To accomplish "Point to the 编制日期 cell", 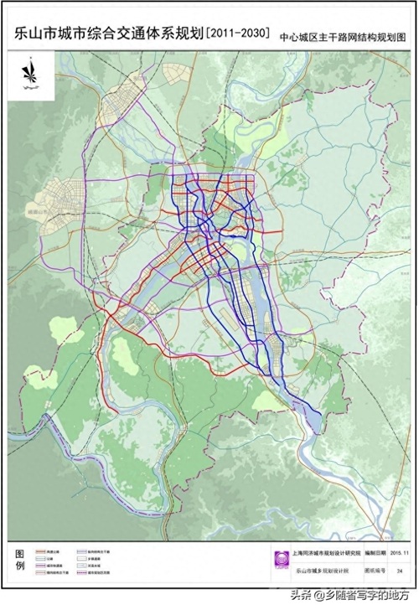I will click(375, 554).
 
